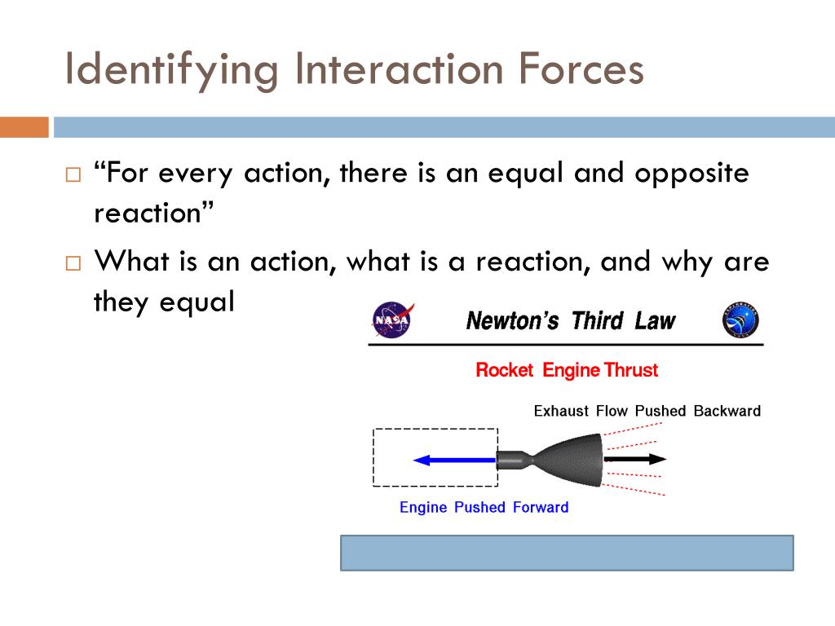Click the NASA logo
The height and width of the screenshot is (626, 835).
pyautogui.click(x=393, y=320)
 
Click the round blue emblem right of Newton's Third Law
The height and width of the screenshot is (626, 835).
pyautogui.click(x=740, y=320)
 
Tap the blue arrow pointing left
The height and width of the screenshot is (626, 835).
pyautogui.click(x=455, y=461)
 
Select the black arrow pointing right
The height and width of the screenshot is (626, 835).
pyautogui.click(x=634, y=459)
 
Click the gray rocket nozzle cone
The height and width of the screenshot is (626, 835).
pyautogui.click(x=568, y=460)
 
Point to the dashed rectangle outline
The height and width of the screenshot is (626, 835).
pyautogui.click(x=373, y=458)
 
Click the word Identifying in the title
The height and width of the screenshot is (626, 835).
pyautogui.click(x=171, y=70)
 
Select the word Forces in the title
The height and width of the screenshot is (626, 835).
pyautogui.click(x=581, y=69)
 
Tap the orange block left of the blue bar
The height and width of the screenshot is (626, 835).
pyautogui.click(x=24, y=127)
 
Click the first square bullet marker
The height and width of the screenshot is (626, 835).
pyautogui.click(x=73, y=174)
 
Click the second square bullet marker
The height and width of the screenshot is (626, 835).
pyautogui.click(x=73, y=263)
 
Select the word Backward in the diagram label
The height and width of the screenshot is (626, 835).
pyautogui.click(x=727, y=411)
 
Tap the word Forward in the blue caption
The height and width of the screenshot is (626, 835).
pyautogui.click(x=541, y=507)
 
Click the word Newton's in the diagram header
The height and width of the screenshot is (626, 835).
pyautogui.click(x=512, y=321)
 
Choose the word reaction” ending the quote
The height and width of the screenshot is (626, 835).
pyautogui.click(x=154, y=213)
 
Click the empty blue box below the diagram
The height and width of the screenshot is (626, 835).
pyautogui.click(x=568, y=553)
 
